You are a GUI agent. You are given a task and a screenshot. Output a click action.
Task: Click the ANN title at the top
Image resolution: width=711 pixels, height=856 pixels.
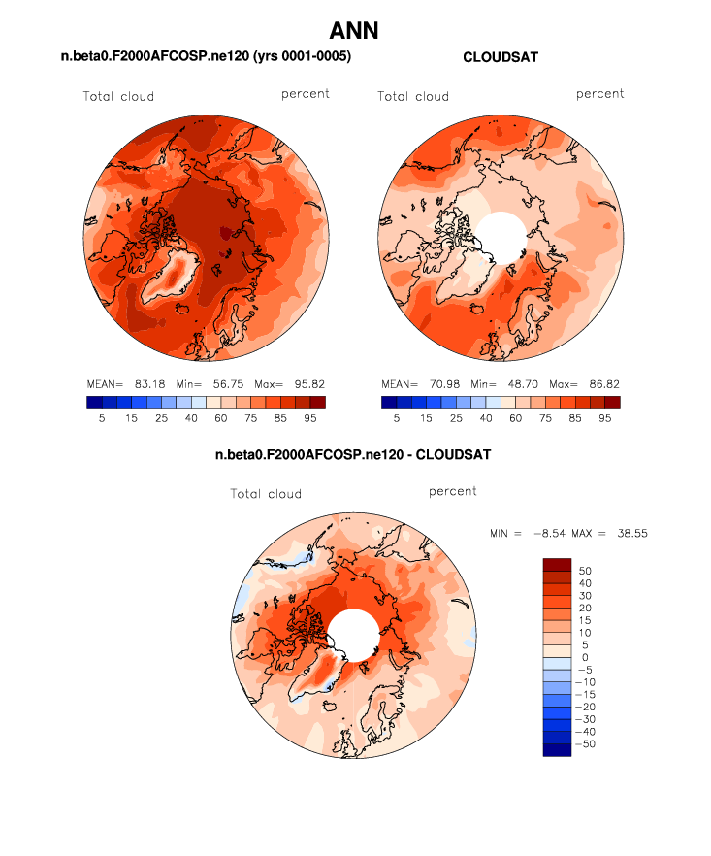(354, 31)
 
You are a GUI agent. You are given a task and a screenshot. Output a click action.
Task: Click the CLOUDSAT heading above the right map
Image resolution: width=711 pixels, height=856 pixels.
(501, 58)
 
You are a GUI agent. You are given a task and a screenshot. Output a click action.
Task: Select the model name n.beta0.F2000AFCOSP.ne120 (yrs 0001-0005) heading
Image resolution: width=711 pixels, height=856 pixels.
(206, 58)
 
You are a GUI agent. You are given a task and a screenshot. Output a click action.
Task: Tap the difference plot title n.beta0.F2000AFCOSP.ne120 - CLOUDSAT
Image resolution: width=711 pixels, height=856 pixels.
(353, 454)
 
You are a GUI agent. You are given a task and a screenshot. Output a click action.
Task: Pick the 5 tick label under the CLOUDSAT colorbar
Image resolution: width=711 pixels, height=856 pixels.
(396, 418)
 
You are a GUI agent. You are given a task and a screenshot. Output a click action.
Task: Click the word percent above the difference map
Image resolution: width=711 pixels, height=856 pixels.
(453, 492)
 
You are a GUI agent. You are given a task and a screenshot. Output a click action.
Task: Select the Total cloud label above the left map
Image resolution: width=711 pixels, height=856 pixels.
(118, 96)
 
